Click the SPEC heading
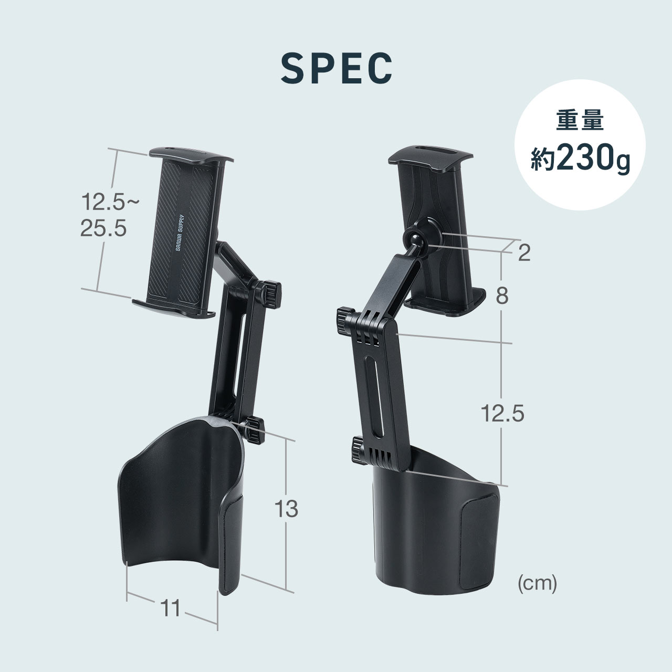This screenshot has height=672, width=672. point(336,68)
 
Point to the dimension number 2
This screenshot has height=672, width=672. point(523,254)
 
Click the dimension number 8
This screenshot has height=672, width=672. point(502,297)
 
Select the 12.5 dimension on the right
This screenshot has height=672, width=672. point(502,414)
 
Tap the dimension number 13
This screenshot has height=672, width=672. point(286,509)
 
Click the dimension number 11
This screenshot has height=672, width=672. point(170,608)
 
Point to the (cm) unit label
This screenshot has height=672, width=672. point(537,583)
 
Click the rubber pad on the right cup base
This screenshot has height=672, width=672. point(477,546)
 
